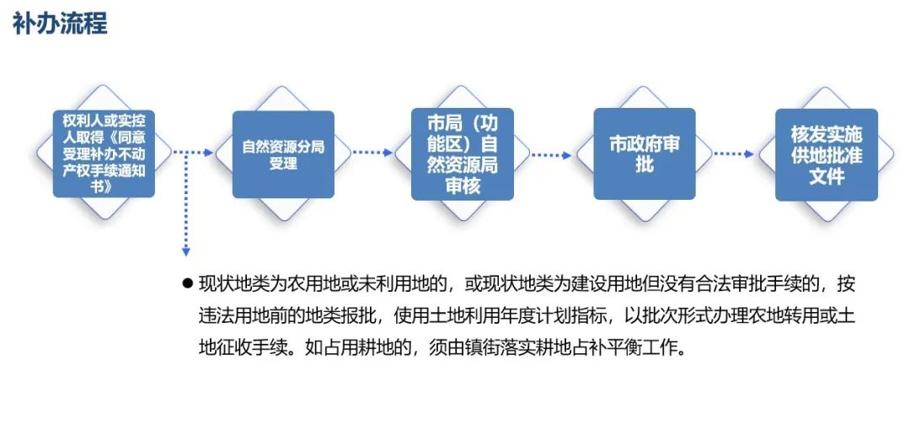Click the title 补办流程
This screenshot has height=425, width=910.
click(60, 23)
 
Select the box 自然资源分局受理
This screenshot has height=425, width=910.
click(283, 154)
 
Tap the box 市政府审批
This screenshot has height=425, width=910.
click(645, 154)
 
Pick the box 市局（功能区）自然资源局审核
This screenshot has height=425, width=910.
click(463, 154)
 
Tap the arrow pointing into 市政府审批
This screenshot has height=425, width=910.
click(552, 154)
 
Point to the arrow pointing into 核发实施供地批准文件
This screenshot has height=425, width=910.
click(734, 153)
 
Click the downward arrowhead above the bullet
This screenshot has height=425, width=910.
click(186, 250)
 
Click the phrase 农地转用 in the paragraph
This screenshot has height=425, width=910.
click(781, 315)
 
